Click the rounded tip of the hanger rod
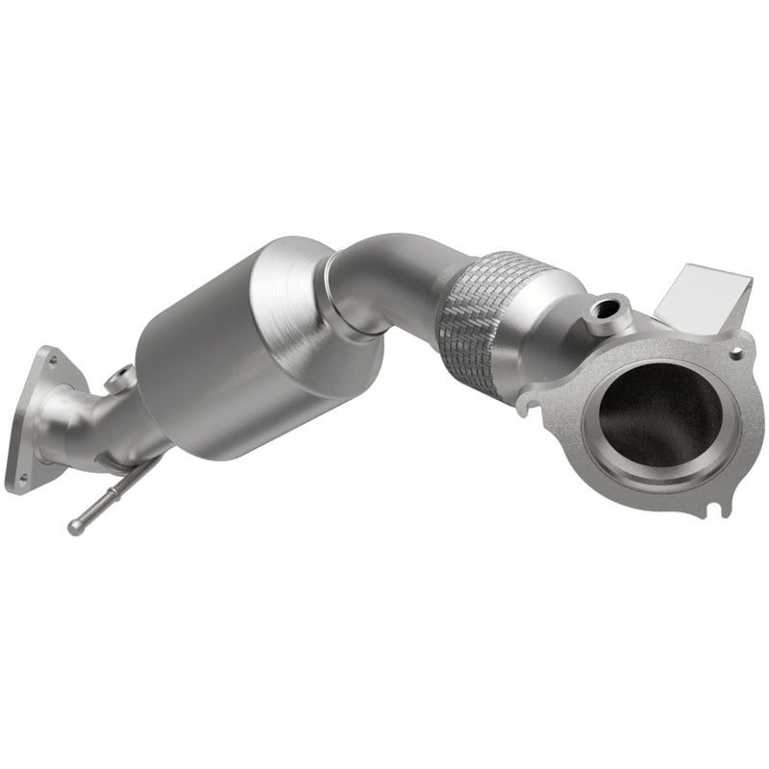[75, 527]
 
